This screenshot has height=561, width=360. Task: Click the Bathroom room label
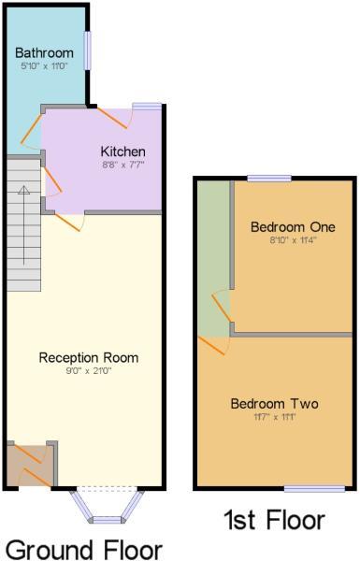point(44,53)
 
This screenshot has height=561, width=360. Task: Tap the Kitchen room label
point(123,151)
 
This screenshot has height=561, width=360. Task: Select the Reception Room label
point(89,357)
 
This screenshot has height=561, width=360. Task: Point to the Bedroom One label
point(293,227)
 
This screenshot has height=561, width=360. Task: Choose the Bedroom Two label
point(275,404)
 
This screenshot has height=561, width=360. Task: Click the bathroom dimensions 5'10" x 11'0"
point(44,65)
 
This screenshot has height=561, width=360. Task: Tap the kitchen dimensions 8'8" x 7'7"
point(123,165)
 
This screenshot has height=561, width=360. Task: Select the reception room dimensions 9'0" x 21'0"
point(89,371)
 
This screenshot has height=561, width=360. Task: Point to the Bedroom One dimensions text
point(293,240)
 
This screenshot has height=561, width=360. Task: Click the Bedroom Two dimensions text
point(275,417)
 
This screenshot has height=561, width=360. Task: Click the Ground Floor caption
point(84,549)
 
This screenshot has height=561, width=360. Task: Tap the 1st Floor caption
point(275,520)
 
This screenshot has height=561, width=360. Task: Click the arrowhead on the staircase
point(24,190)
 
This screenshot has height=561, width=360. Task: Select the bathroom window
point(88,50)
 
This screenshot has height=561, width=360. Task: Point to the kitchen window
point(148,106)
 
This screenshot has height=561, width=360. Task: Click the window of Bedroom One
point(269,179)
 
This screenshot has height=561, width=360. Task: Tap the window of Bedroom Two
point(315,489)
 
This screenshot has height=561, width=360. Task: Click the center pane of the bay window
point(107,520)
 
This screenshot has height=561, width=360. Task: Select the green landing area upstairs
point(213,259)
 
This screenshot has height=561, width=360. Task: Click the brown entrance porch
point(30,465)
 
